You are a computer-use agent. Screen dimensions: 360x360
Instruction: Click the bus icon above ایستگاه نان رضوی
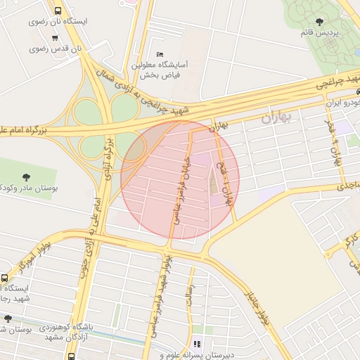[x=57, y=11]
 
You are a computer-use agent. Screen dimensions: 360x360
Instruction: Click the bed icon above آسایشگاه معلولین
[x=160, y=54]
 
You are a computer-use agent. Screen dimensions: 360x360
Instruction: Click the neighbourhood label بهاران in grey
[x=276, y=117]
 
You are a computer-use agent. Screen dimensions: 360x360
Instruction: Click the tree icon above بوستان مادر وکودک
[x=27, y=176]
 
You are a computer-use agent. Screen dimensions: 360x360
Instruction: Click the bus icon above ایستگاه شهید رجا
[x=5, y=278]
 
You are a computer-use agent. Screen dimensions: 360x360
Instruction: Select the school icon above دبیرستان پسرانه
[x=197, y=344]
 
